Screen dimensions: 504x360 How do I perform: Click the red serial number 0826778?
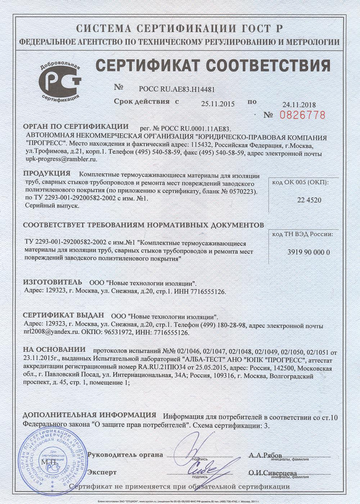(302, 115)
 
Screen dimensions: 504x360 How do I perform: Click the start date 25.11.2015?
(217, 104)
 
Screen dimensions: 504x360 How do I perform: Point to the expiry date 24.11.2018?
(299, 105)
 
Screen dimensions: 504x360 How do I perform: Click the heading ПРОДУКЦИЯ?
(46, 174)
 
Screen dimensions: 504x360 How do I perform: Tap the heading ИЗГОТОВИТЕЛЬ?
(53, 282)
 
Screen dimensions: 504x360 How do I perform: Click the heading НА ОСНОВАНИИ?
(54, 350)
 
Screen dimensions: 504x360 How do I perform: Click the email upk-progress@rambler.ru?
(61, 159)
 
